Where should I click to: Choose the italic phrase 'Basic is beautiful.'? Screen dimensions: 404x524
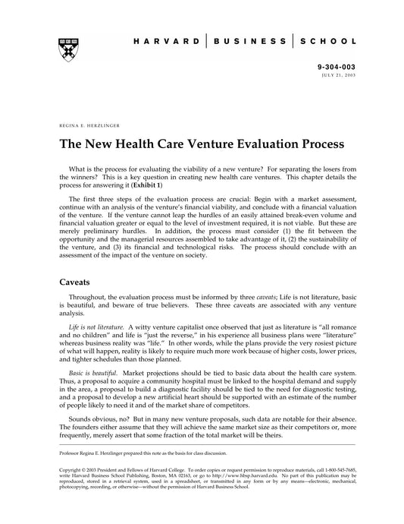tap(94, 374)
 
